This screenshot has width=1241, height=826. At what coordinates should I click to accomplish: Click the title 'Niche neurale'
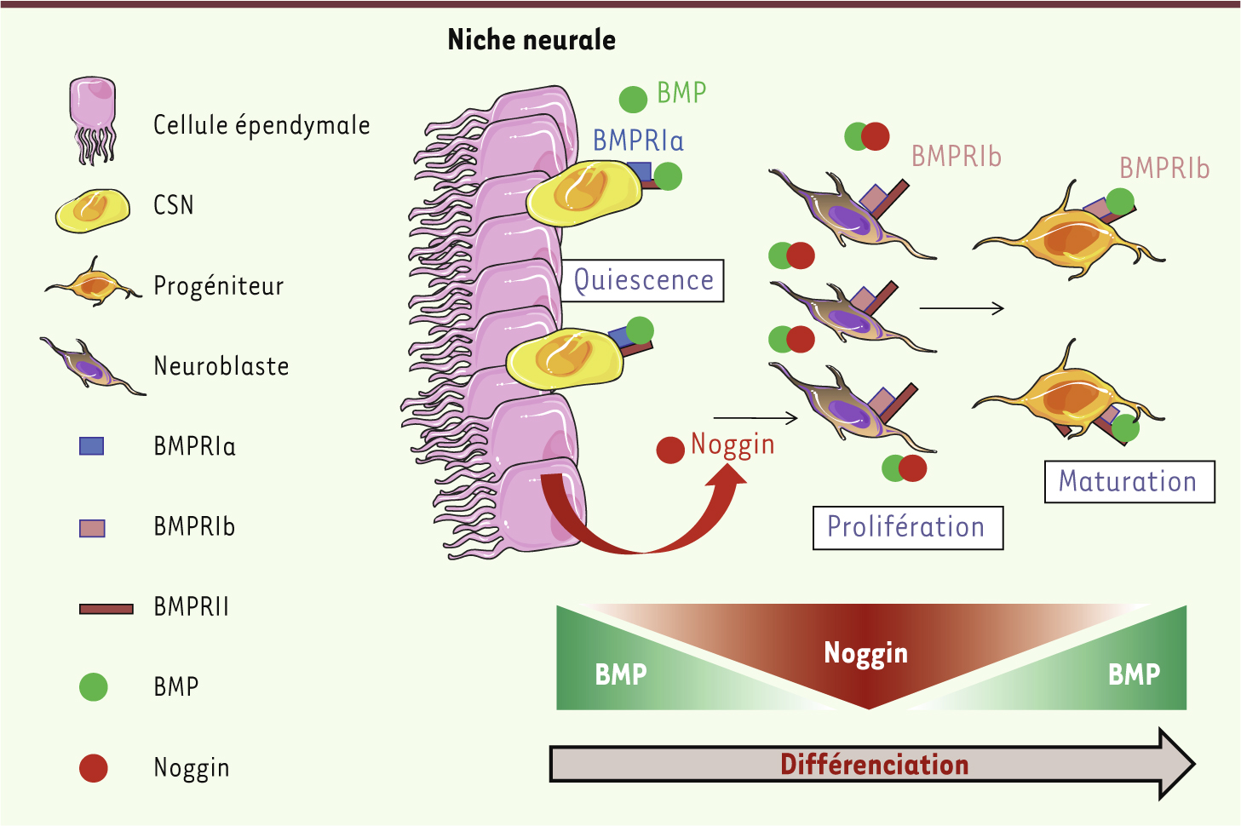coord(531,40)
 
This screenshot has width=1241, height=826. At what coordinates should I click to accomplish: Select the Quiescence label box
coord(643,280)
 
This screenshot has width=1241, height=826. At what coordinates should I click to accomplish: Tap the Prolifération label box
coord(907,527)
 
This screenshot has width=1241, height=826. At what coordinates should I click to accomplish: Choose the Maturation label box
coord(1129,481)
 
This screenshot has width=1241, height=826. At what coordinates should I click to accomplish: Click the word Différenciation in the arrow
coord(874,765)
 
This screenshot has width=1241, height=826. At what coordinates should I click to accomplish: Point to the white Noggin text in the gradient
coord(865,653)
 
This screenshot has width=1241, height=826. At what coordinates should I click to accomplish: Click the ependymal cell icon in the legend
coord(92,119)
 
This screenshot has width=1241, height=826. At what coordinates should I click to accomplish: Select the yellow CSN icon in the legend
coord(92,209)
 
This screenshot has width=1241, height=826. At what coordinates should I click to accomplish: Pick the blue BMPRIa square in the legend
coord(91,445)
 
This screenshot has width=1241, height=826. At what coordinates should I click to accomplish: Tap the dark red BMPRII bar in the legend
coord(106,608)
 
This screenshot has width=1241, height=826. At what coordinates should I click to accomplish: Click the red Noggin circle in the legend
coord(93,767)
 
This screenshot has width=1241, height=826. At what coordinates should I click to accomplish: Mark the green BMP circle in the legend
coord(93,686)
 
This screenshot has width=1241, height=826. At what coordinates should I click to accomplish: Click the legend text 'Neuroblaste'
coord(221,366)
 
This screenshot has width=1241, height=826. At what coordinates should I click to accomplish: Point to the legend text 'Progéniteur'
coord(218,286)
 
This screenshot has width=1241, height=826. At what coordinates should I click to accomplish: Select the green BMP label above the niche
coord(681,93)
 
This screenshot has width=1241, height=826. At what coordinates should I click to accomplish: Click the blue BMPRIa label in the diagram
coord(638,141)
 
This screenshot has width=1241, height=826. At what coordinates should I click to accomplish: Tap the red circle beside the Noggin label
coord(670,449)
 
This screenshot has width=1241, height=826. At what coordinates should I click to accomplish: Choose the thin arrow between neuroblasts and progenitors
coord(962,308)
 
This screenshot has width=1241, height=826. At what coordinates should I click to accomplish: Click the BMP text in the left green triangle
coord(620,674)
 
